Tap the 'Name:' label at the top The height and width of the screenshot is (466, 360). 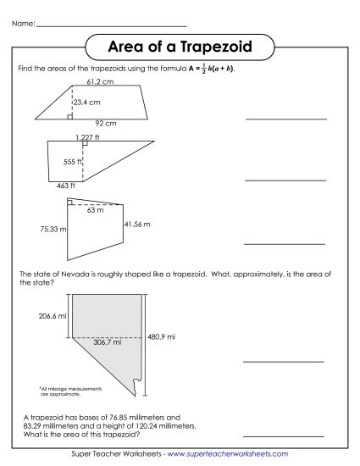pos(23,22)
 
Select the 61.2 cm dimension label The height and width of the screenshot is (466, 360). pos(100,82)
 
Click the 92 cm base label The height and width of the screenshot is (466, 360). pos(105,123)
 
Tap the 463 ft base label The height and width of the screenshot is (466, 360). pos(66,185)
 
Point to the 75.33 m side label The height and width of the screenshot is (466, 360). pos(52,229)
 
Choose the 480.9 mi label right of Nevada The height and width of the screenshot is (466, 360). pos(161,336)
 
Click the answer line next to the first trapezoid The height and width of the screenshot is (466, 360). pos(285,119)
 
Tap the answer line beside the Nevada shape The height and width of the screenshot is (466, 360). pos(285,361)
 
